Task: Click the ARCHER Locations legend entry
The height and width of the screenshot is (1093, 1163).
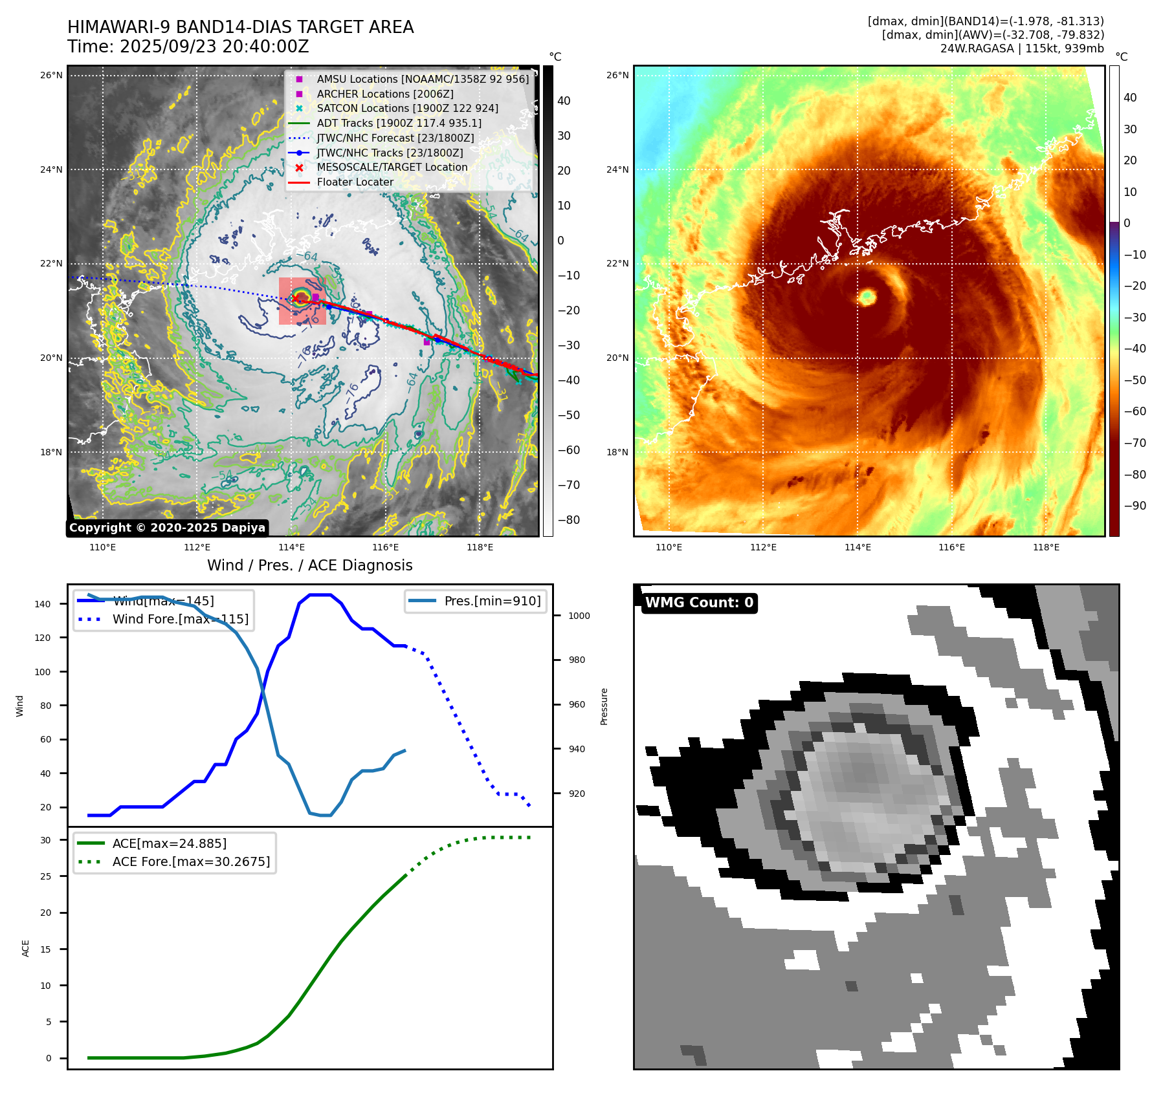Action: (x=384, y=94)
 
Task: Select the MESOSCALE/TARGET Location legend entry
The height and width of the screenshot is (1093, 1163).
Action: (x=392, y=167)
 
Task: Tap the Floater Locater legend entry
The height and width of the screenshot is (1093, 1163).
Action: (x=355, y=182)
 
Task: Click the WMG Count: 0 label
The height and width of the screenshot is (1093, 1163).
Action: (x=699, y=603)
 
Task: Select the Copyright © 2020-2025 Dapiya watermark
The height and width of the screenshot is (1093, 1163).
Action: (x=167, y=528)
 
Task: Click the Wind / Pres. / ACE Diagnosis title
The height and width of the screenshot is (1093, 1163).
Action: (x=309, y=565)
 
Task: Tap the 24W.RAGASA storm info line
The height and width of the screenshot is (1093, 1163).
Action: (x=1022, y=49)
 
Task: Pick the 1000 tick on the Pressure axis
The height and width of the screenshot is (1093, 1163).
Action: (x=579, y=616)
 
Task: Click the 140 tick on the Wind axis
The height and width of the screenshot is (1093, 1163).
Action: (x=43, y=604)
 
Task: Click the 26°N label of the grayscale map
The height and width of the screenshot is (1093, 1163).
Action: (x=51, y=75)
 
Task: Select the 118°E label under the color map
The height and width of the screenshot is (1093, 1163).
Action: (x=1046, y=547)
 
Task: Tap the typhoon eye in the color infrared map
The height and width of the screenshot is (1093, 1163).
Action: (x=867, y=297)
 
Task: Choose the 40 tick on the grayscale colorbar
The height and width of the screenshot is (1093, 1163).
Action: (x=564, y=101)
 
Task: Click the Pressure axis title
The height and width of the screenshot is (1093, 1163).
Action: (x=604, y=706)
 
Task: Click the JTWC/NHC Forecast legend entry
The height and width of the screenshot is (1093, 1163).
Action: (x=395, y=138)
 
